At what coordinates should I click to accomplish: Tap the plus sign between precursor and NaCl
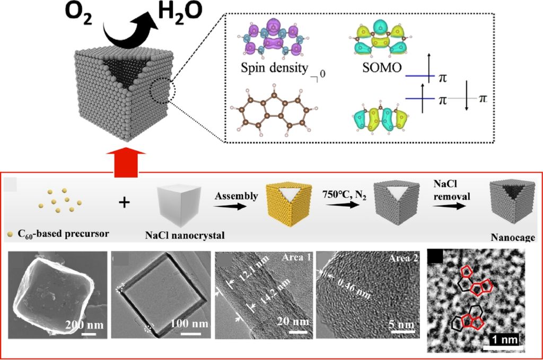click(x=124, y=203)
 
